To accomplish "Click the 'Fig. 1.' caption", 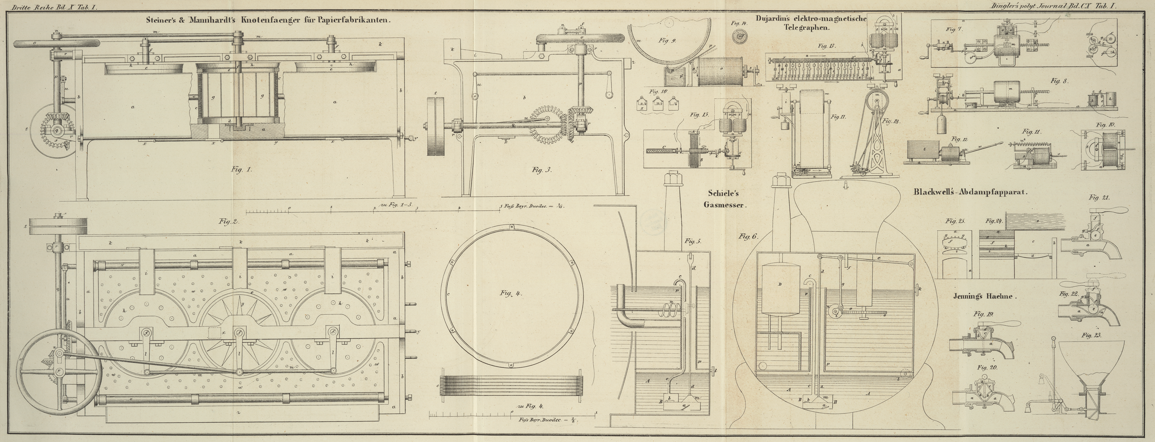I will pyautogui.click(x=242, y=169).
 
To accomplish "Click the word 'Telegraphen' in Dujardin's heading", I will pyautogui.click(x=807, y=27).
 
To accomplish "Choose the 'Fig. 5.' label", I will pyautogui.click(x=693, y=241).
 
